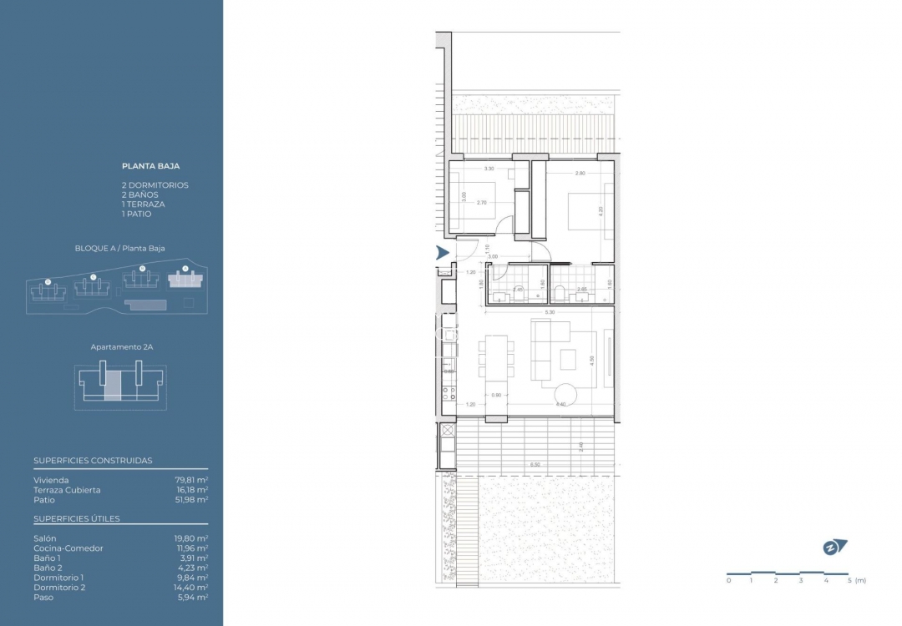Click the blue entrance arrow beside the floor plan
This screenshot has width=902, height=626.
pos(443,253)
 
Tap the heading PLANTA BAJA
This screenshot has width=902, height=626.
pos(151,166)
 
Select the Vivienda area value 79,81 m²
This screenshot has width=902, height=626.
pos(190,480)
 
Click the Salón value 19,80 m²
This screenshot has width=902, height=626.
pos(190,538)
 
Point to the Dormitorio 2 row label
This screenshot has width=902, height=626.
pos(59,588)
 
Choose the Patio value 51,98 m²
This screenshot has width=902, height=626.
pos(190,500)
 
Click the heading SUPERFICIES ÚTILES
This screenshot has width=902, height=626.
pos(77,518)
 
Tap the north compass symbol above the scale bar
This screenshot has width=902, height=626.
pos(833,548)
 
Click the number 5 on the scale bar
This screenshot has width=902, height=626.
pos(849,580)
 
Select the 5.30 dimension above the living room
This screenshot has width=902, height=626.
pos(549,312)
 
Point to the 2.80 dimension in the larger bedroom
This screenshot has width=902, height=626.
pos(580,174)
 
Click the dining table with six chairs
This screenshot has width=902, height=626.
pos(496,357)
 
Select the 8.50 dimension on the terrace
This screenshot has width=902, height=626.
pos(534,464)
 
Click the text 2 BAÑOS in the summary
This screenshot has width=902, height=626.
pos(139,194)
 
